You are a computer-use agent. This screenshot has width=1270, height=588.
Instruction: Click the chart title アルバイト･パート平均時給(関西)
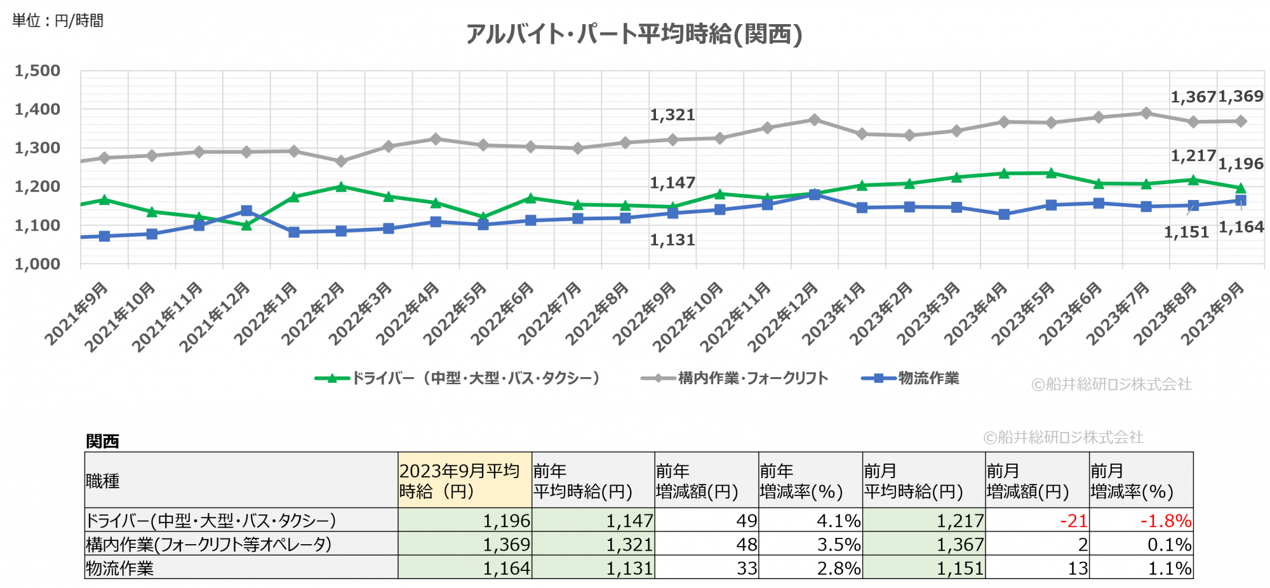pyautogui.click(x=634, y=34)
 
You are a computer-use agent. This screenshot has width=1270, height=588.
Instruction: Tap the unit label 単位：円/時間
pyautogui.click(x=58, y=21)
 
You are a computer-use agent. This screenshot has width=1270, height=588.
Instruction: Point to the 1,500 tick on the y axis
pyautogui.click(x=37, y=71)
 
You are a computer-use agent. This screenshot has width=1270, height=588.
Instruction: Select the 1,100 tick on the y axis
pyautogui.click(x=37, y=225)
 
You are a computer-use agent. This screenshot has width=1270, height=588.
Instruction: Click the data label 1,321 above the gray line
pyautogui.click(x=672, y=115)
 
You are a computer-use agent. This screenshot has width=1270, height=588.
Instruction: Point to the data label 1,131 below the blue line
pyautogui.click(x=672, y=240)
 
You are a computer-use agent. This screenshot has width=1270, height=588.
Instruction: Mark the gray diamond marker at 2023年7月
pyautogui.click(x=1146, y=113)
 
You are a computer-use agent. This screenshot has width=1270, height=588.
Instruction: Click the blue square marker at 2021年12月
pyautogui.click(x=246, y=211)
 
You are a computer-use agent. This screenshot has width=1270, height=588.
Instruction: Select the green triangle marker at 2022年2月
pyautogui.click(x=341, y=187)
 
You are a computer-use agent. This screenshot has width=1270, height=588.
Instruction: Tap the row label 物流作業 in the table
pyautogui.click(x=120, y=568)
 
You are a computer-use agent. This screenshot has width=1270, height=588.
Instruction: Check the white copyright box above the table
pyautogui.click(x=1064, y=437)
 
